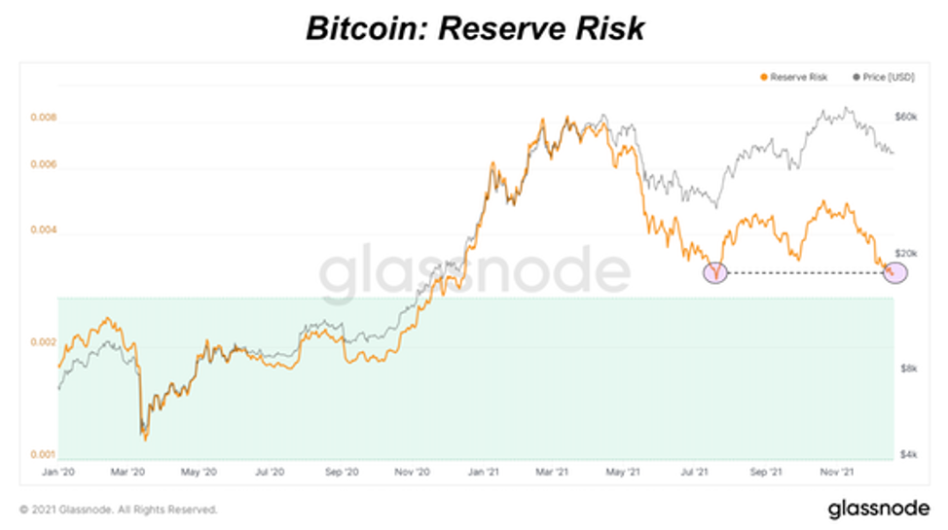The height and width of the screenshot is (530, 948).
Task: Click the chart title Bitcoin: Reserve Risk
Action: coord(474,28)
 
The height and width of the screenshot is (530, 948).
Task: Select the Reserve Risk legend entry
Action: coord(794,77)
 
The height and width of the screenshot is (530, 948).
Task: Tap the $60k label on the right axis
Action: coord(906,117)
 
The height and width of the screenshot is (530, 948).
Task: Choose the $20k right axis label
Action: coord(906,253)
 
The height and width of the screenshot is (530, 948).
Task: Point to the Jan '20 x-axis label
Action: coord(58,473)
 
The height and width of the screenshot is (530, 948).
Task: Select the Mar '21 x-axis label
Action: coord(551,473)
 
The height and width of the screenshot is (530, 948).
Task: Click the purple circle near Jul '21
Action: coord(716,273)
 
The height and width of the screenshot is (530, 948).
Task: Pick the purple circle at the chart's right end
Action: coord(893,273)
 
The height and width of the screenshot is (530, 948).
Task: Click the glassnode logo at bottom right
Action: coord(872,509)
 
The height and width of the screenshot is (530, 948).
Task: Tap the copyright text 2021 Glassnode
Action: coord(118,509)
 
